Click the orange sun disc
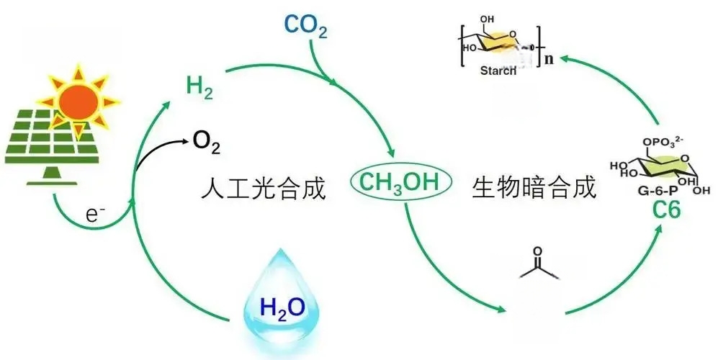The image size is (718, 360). pyautogui.click(x=78, y=102)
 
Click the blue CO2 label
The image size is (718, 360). pyautogui.click(x=305, y=25)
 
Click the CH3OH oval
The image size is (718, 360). pyautogui.click(x=401, y=182)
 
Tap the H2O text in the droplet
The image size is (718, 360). pyautogui.click(x=282, y=307)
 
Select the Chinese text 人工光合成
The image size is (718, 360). pyautogui.click(x=264, y=188)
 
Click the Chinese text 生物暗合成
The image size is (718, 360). pyautogui.click(x=534, y=187)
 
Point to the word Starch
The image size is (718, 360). pyautogui.click(x=498, y=71)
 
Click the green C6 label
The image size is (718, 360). pyautogui.click(x=667, y=210)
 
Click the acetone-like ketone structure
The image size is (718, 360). pyautogui.click(x=539, y=265)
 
